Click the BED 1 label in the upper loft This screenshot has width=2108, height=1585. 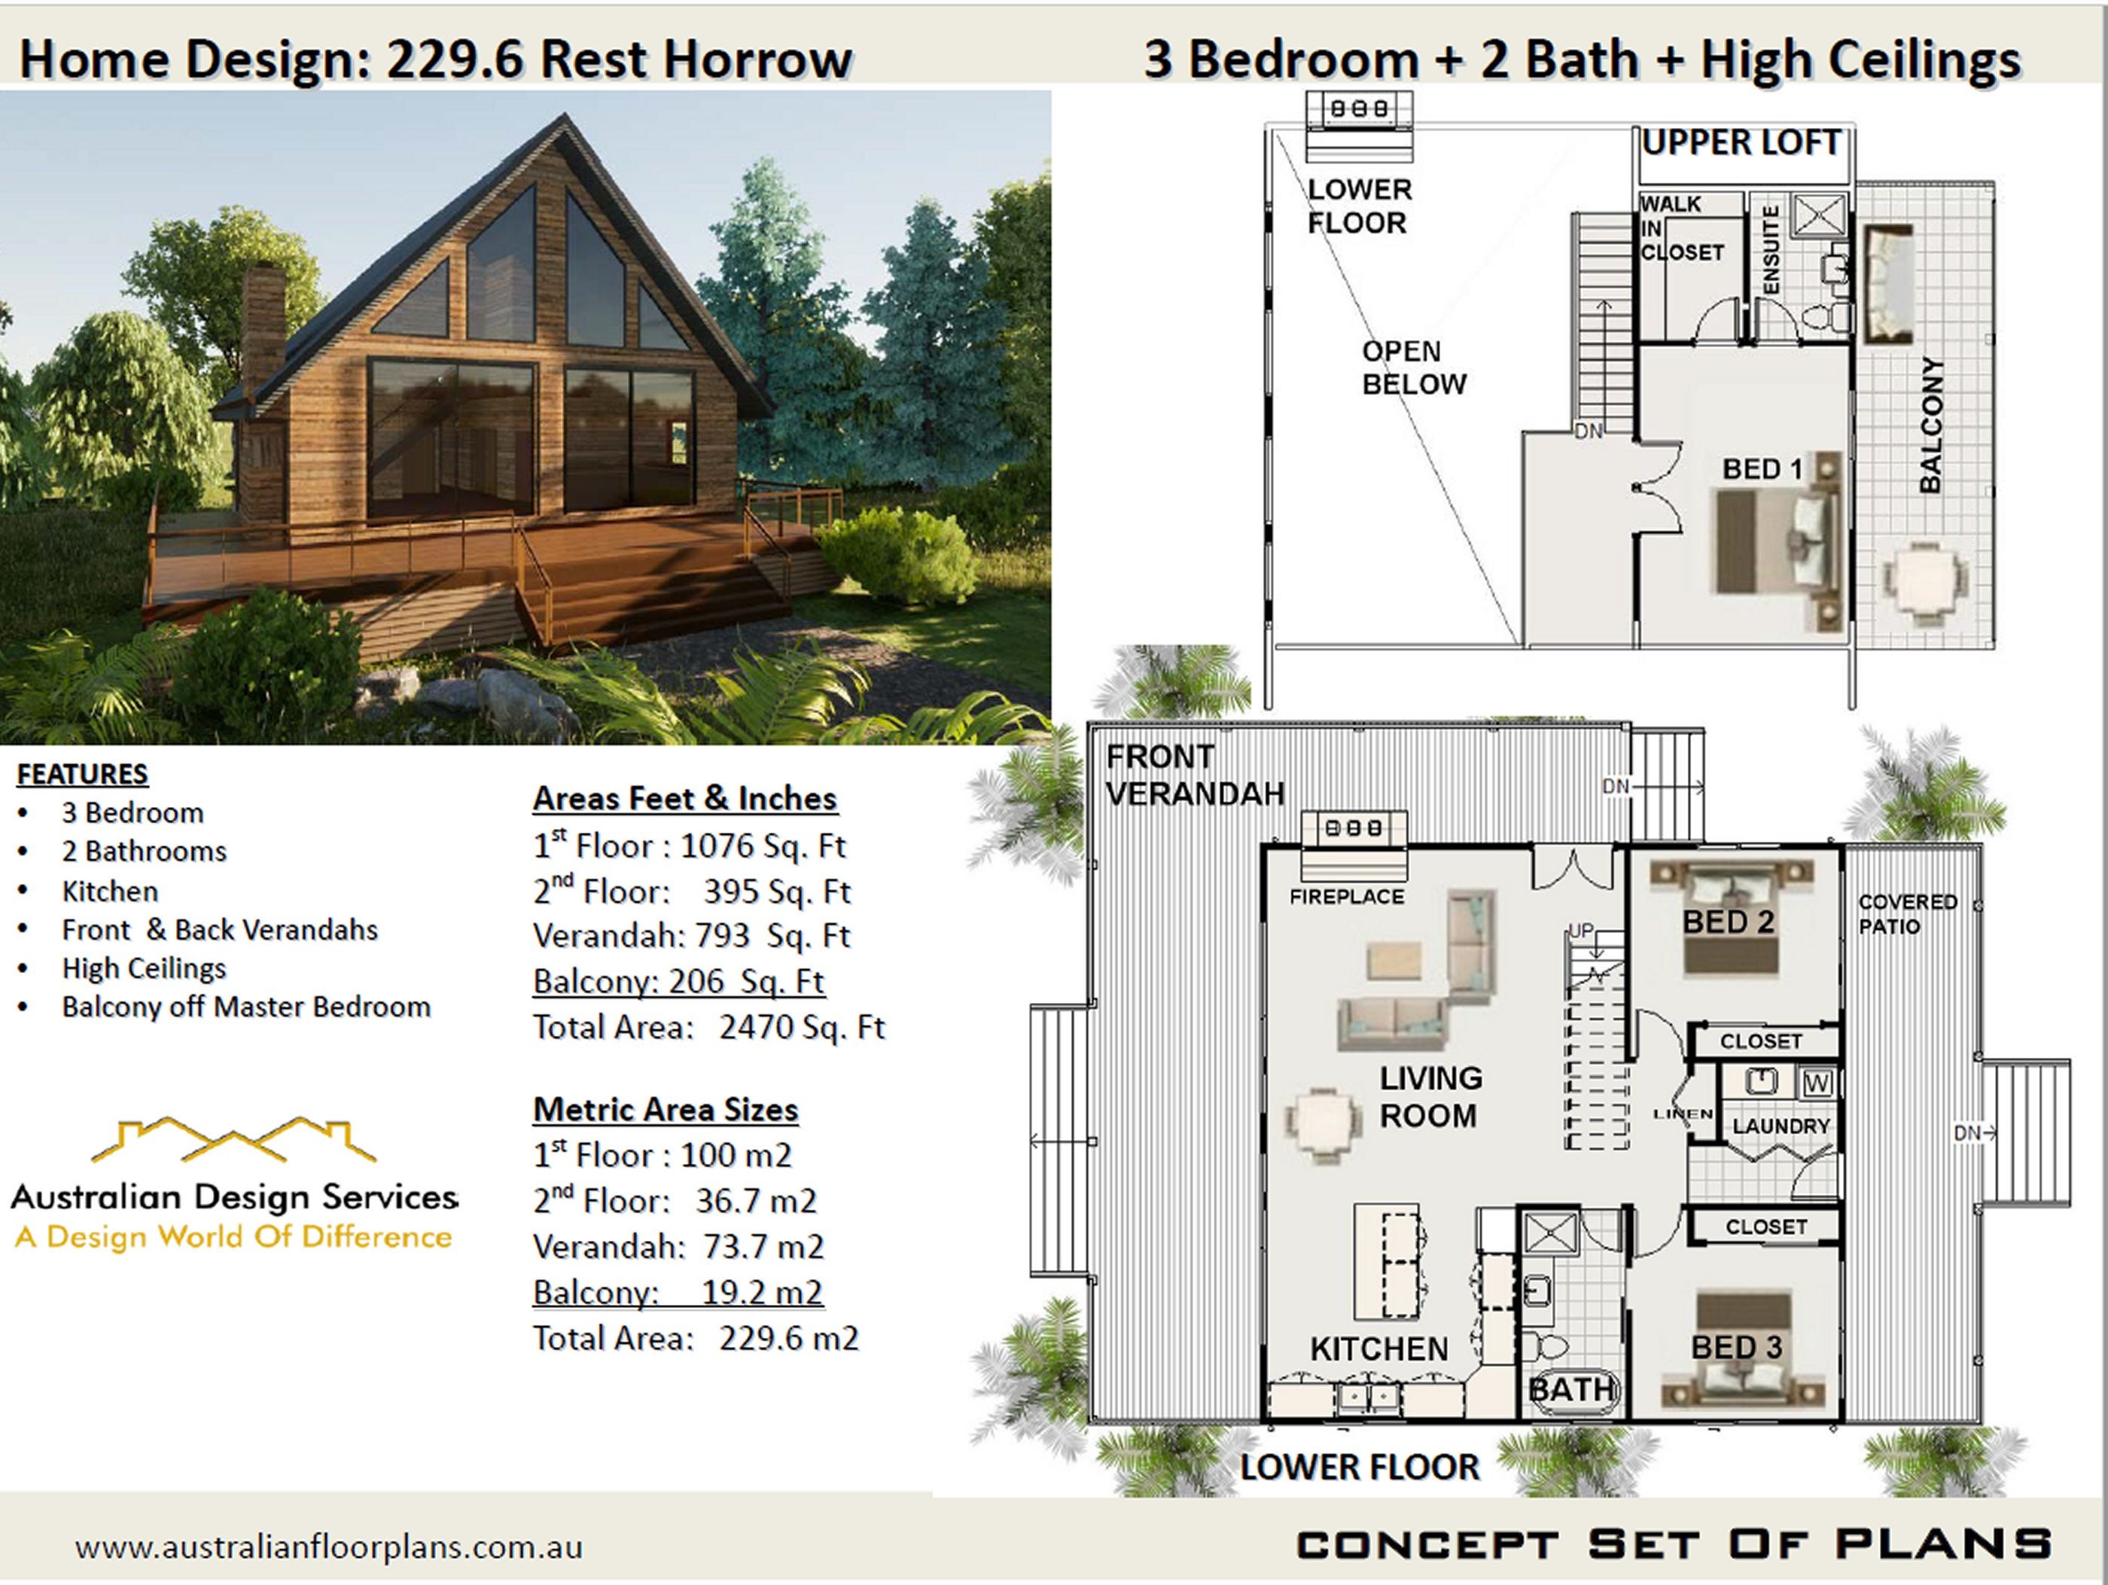(x=1762, y=469)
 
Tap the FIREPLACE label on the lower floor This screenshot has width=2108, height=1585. (x=1347, y=897)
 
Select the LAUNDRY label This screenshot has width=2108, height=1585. (x=1781, y=1126)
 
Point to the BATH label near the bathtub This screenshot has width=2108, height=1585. (x=1571, y=1390)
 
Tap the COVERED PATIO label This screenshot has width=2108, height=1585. (x=1907, y=913)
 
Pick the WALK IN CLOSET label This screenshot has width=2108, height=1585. (x=1681, y=229)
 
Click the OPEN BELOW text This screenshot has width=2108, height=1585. (x=1413, y=368)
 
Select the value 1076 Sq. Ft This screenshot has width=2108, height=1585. (x=763, y=846)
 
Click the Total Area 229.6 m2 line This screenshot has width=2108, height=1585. (x=695, y=1338)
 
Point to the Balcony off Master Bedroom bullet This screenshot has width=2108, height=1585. (x=246, y=1007)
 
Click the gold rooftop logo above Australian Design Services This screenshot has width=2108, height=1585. (x=233, y=1140)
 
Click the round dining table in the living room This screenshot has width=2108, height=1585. (x=1322, y=1126)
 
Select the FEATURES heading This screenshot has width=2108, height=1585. (x=82, y=774)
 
